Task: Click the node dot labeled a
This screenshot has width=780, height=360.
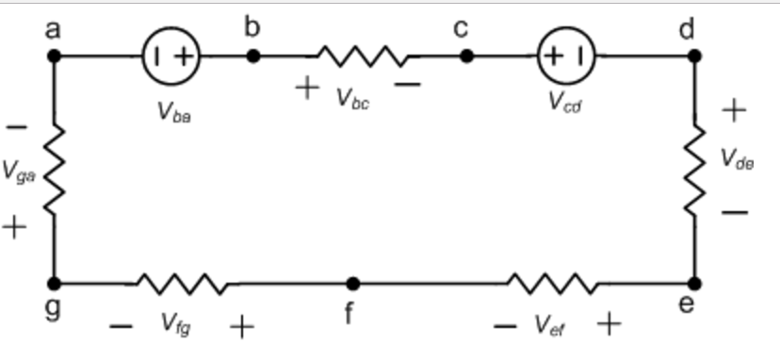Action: [x=54, y=57]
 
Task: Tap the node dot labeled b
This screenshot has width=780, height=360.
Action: [x=252, y=57]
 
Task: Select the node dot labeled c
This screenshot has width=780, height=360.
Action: [x=466, y=57]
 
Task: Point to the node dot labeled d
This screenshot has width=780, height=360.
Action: [x=694, y=57]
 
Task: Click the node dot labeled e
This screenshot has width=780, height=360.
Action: [x=694, y=283]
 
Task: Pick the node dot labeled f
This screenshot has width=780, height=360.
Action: [x=352, y=283]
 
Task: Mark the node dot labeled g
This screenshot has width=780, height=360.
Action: [x=54, y=283]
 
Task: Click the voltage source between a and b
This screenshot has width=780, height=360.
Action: [x=169, y=57]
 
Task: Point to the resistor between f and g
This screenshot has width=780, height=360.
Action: [x=182, y=283]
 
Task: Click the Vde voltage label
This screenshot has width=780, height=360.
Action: [x=739, y=160]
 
